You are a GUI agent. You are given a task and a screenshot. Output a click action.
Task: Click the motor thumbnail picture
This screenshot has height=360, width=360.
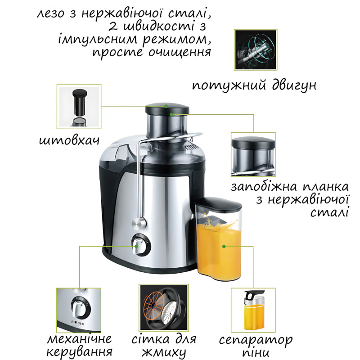point(256,50)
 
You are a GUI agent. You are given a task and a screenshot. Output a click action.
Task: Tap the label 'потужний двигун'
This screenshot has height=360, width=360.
point(254,85)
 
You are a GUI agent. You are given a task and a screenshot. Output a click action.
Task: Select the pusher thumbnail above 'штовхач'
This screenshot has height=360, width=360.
point(79,107)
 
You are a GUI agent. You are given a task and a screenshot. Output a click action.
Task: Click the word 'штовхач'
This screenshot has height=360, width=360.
point(69,140)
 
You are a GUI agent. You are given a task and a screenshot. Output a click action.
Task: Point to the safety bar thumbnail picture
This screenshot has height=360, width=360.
point(253,154)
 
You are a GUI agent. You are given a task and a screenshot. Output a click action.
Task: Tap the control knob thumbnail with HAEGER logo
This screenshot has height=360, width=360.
point(79,310)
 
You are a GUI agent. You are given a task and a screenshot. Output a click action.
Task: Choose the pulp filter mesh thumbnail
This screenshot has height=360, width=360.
point(164,308)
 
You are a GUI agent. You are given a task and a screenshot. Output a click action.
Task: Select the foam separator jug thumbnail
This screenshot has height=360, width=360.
point(253,310)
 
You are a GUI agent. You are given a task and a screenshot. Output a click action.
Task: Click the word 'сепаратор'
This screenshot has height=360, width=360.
point(256,340)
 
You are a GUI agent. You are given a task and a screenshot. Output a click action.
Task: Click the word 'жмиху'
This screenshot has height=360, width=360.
point(164,352)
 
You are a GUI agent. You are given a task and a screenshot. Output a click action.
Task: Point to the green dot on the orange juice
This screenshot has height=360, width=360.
point(224,246)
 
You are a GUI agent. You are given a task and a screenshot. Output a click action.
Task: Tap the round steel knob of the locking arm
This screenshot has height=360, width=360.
point(139,223)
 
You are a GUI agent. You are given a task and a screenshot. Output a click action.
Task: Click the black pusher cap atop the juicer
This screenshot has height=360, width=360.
point(167,108)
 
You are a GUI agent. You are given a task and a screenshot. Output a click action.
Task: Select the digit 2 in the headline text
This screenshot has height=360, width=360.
point(113,27)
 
